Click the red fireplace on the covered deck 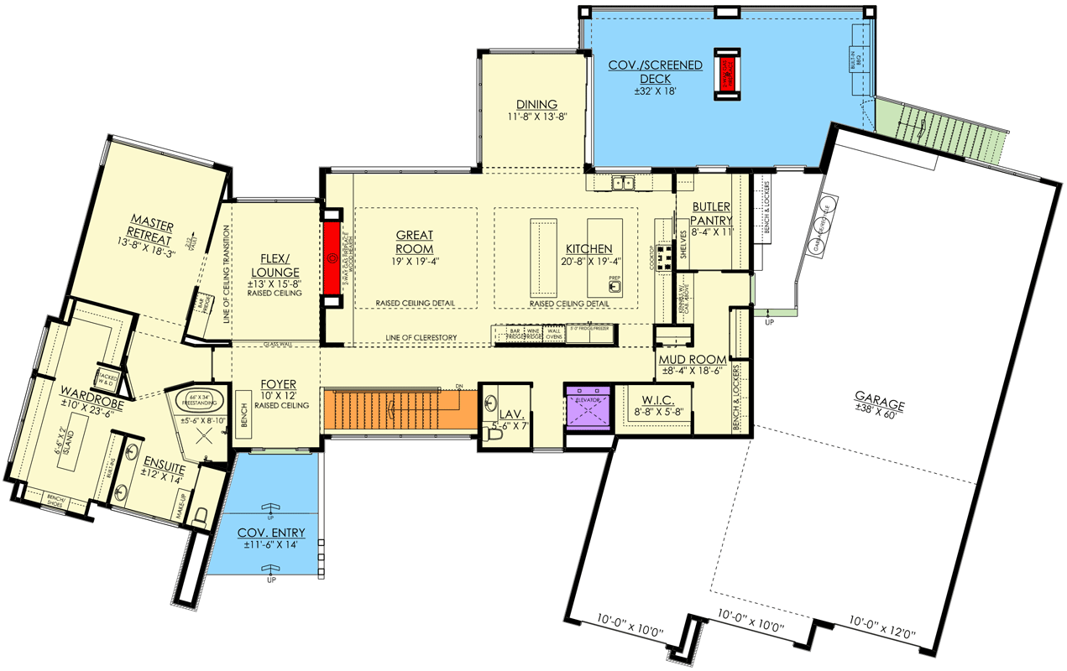727,75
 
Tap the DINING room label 536,105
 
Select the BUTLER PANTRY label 712,214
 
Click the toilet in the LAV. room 494,434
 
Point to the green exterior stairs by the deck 940,126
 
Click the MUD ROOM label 693,360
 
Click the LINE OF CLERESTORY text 421,337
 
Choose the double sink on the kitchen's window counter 623,182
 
